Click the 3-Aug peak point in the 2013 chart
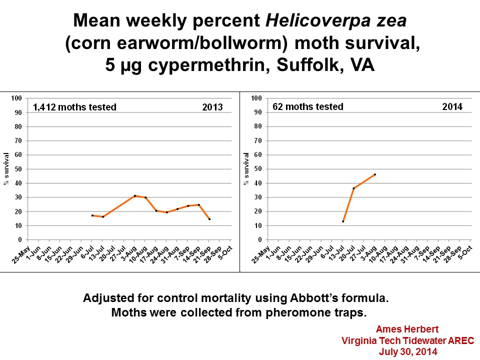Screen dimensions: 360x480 [135, 195]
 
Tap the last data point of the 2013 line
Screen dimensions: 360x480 [209, 219]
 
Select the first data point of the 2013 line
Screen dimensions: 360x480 [92, 215]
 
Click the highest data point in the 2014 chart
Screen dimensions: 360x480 [375, 174]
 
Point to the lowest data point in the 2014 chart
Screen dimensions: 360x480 [343, 221]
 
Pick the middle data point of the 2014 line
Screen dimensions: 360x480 [353, 188]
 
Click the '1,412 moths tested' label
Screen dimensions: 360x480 [74, 107]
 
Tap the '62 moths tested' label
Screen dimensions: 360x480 [308, 106]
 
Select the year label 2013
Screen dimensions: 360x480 [212, 107]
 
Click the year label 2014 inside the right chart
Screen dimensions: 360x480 [452, 106]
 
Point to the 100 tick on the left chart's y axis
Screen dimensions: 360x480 [17, 98]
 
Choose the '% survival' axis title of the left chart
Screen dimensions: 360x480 [6, 169]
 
